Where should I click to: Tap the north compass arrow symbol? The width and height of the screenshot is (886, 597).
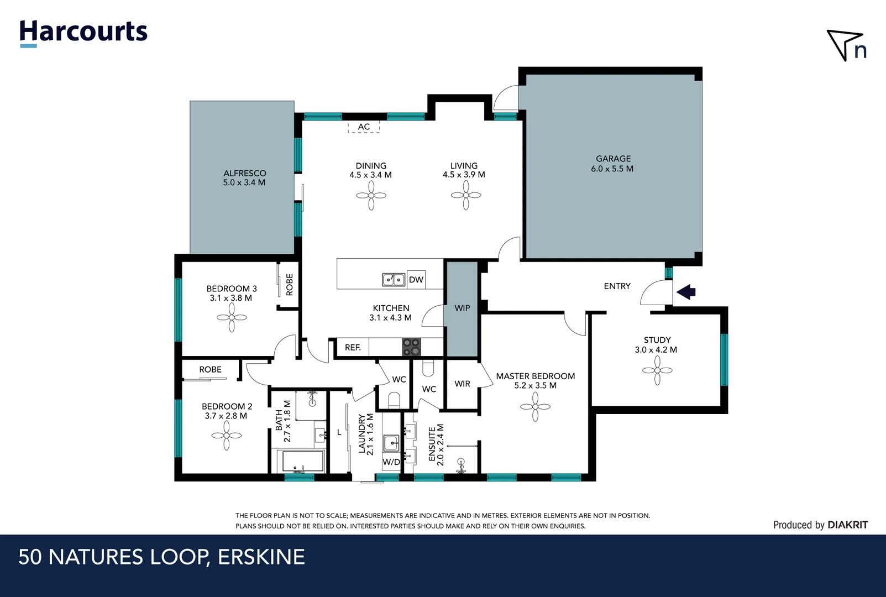[845, 44]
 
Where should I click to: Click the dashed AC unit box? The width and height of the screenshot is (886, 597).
[364, 127]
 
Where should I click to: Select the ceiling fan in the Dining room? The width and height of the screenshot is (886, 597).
[371, 196]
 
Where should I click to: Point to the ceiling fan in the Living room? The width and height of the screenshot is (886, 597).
[466, 196]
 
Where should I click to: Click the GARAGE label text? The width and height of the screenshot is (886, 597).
[613, 159]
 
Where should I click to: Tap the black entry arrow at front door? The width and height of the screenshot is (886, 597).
[686, 292]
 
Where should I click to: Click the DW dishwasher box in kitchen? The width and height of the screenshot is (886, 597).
[416, 280]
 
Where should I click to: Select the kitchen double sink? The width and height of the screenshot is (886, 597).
[394, 280]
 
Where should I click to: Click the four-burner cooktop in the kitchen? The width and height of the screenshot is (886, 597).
[411, 347]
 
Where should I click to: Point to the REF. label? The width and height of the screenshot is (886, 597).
[353, 348]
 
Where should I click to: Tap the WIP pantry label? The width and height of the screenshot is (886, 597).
[462, 308]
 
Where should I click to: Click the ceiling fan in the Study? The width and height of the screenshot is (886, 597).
[657, 370]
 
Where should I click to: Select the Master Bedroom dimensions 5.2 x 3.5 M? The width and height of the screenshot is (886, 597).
[535, 386]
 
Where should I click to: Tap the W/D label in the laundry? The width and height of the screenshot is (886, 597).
[391, 462]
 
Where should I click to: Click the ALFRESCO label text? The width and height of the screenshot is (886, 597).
[244, 173]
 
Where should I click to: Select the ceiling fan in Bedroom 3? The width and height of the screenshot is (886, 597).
[232, 318]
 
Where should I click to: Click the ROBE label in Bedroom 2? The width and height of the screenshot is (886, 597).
[210, 370]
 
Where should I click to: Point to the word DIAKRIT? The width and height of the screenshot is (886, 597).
[847, 525]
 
